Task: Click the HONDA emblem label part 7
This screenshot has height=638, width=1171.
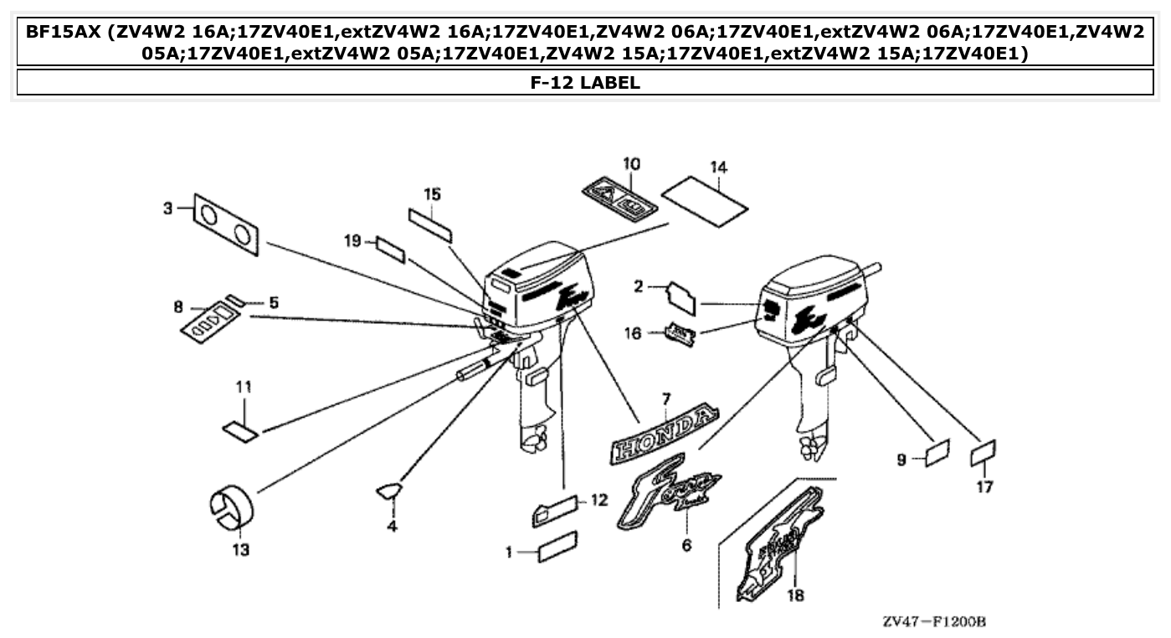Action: [x=666, y=435]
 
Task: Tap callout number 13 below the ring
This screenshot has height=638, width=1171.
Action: [x=241, y=550]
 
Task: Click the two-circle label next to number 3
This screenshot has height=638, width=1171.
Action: [x=226, y=222]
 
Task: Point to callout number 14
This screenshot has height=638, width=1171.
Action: [x=719, y=167]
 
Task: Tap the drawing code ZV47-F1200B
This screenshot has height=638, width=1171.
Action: [x=934, y=622]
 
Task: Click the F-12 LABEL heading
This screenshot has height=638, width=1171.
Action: [x=585, y=82]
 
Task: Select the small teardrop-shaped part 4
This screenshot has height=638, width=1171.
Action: [x=389, y=491]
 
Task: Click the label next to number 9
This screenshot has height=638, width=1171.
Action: [x=936, y=455]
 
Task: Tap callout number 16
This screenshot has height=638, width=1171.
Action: [x=634, y=334]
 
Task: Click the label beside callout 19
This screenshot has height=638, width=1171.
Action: [x=391, y=250]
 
